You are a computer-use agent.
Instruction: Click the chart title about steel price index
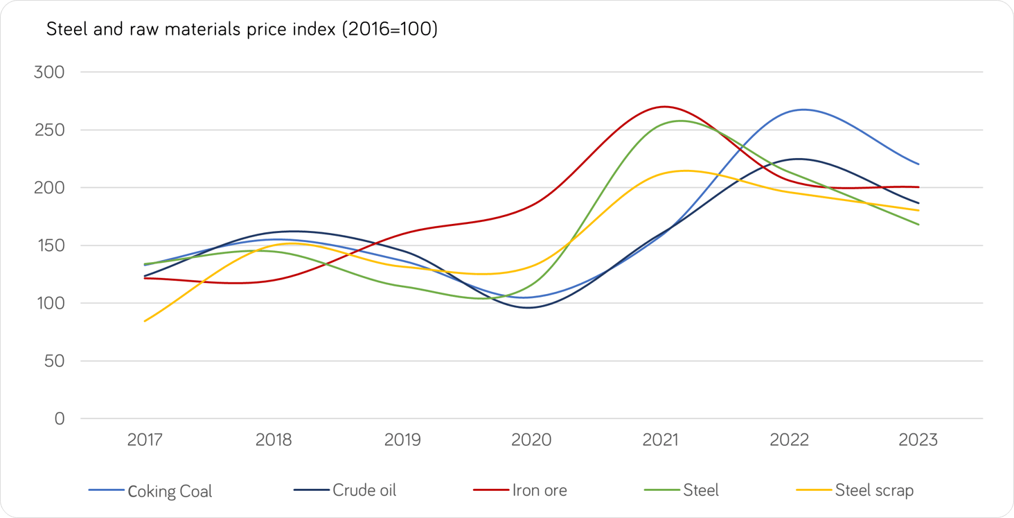[242, 30]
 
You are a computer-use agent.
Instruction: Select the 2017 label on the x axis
[145, 440]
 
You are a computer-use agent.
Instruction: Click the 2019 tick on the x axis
[402, 440]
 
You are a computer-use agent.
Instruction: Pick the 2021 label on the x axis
[660, 440]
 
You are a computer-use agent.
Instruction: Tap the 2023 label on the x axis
[918, 440]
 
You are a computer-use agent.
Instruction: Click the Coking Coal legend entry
[151, 491]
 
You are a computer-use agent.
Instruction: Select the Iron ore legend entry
[520, 490]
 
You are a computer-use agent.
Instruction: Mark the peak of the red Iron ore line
[665, 107]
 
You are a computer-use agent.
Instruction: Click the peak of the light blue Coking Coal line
[803, 110]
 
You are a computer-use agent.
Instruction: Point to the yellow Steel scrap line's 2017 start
[145, 321]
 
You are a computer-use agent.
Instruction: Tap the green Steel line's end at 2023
[918, 225]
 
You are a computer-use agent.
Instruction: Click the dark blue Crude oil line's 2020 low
[529, 307]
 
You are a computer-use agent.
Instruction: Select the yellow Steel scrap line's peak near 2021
[685, 171]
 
